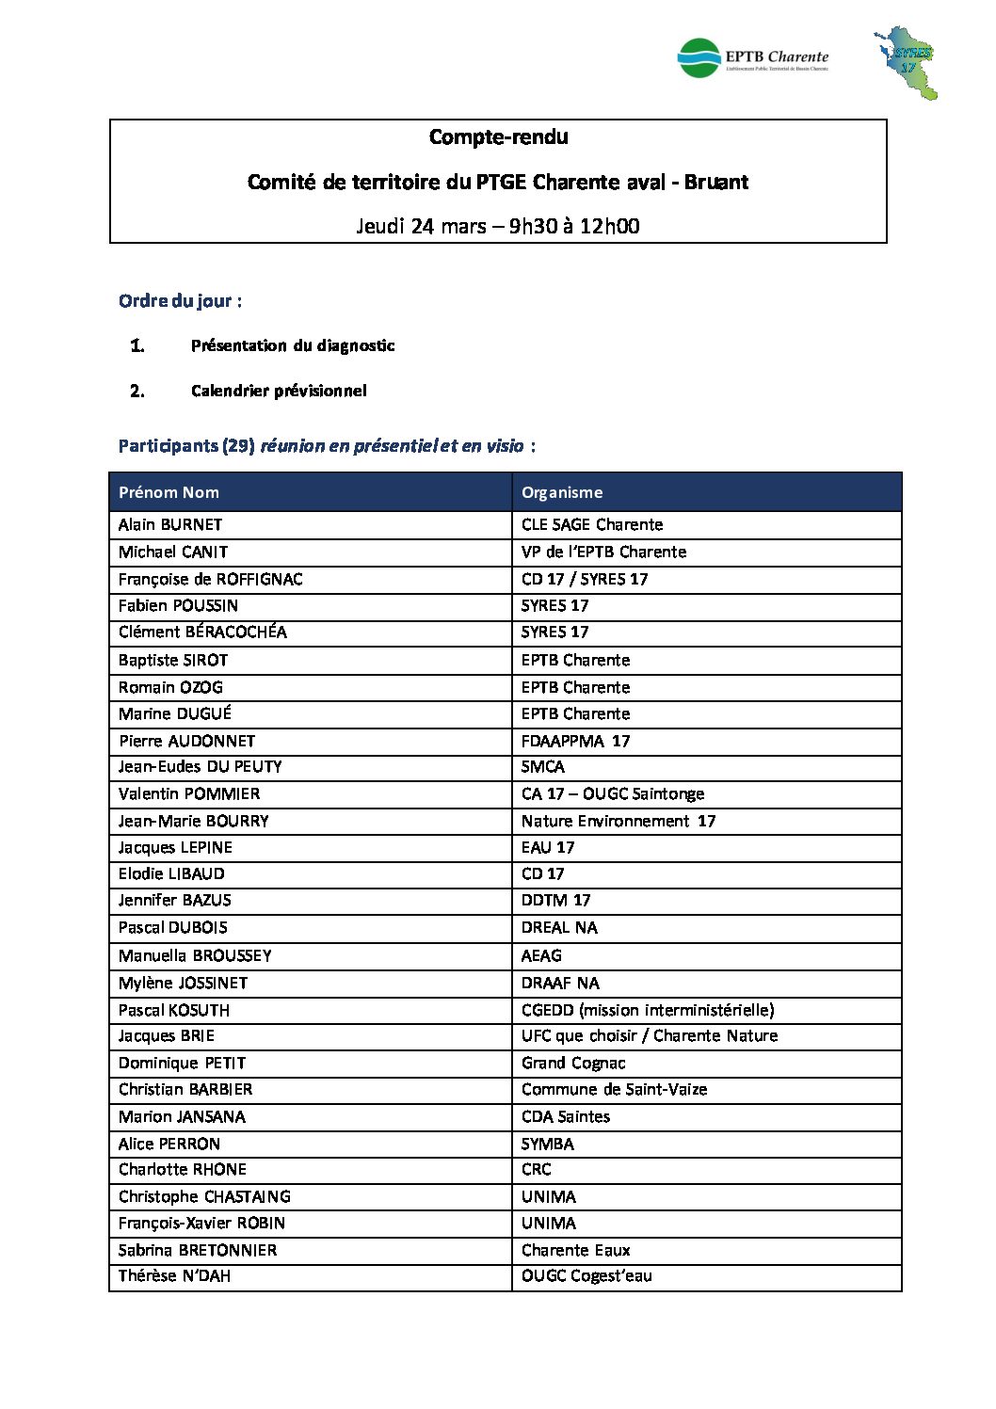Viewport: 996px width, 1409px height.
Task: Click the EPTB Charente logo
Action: tap(752, 58)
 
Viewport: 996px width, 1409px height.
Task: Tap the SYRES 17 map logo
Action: tap(906, 63)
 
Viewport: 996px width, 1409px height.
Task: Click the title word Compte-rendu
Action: tap(498, 137)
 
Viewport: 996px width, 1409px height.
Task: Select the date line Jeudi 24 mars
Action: tap(497, 226)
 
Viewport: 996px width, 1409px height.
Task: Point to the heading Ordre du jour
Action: tap(180, 301)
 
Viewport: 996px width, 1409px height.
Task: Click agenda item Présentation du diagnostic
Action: tap(293, 345)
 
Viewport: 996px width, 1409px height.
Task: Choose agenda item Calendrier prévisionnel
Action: tap(279, 391)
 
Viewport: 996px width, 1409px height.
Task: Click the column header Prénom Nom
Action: tap(169, 492)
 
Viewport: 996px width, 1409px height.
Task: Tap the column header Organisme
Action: tap(562, 492)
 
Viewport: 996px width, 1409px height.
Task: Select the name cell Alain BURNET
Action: tap(170, 524)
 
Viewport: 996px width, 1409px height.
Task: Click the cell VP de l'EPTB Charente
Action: tap(603, 552)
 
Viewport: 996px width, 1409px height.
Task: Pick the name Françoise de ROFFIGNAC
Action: tap(211, 579)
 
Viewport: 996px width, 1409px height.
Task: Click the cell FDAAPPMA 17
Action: tap(575, 741)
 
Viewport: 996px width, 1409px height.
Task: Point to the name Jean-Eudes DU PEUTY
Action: tap(200, 767)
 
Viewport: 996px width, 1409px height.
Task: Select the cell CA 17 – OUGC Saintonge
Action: tap(613, 793)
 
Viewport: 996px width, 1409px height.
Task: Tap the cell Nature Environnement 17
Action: tap(618, 821)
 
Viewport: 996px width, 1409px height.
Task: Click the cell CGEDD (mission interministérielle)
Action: tap(648, 1010)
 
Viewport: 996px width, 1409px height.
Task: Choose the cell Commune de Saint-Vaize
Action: tap(614, 1089)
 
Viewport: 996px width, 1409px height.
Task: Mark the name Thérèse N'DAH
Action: tap(174, 1276)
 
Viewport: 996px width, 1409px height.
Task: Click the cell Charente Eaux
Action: tap(575, 1250)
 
